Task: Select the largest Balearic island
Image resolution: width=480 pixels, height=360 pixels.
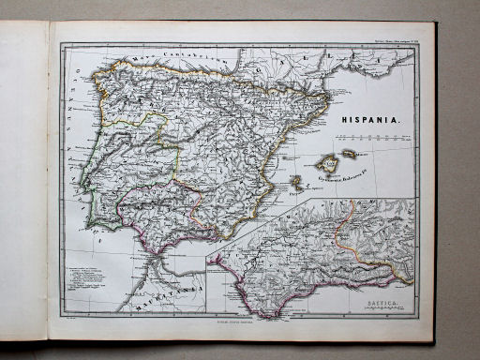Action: click(327, 161)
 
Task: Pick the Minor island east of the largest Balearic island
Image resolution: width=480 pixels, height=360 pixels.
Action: click(350, 153)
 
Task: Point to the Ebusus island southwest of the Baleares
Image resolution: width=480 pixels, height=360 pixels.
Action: click(298, 184)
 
